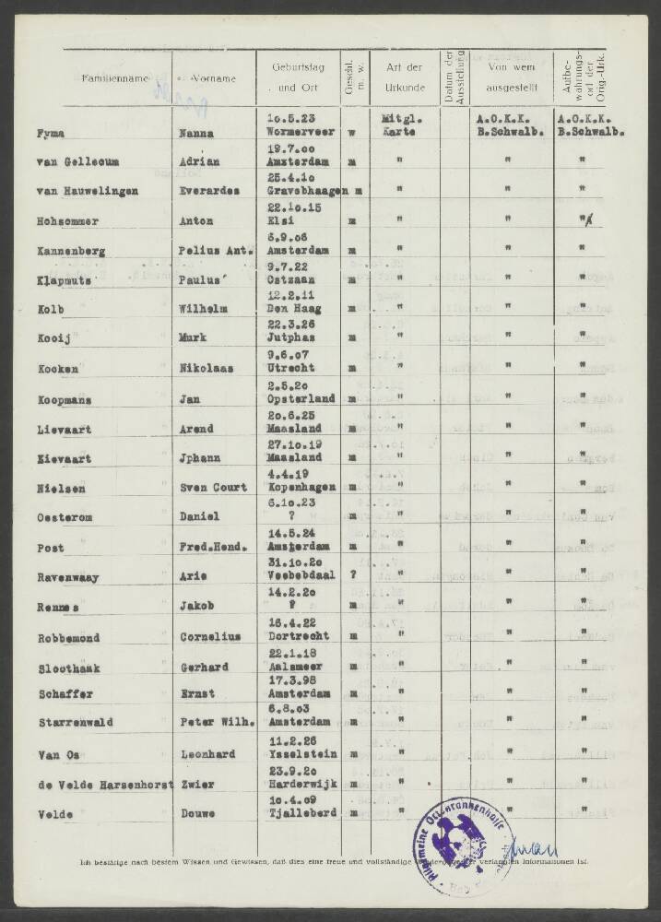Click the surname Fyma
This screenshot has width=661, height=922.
click(x=51, y=133)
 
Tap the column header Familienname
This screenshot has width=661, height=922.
click(x=115, y=78)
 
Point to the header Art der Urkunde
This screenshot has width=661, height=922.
click(x=404, y=77)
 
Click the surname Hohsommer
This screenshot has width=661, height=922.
click(x=69, y=222)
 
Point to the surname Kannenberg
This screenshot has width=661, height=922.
click(x=70, y=252)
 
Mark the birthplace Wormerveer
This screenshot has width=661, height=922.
click(x=299, y=133)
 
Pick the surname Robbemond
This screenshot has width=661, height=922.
click(x=69, y=637)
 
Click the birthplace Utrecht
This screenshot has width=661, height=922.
click(x=287, y=370)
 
